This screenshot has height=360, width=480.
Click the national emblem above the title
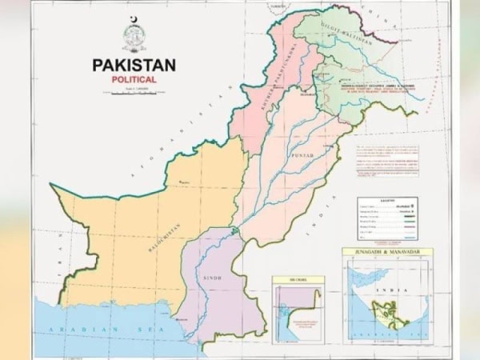tap(134, 37)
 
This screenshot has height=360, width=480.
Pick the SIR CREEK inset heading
tap(298, 279)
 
